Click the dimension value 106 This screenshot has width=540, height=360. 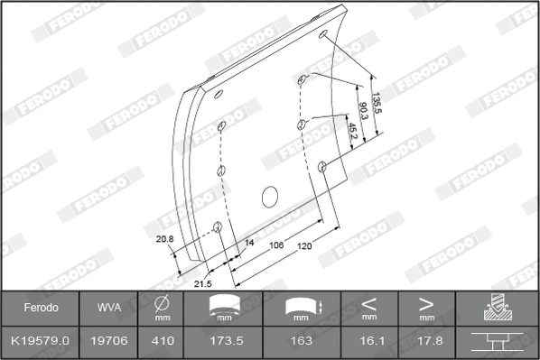coord(277,245)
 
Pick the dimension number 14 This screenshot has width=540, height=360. coord(250,244)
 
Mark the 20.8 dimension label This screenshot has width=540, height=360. coord(164,239)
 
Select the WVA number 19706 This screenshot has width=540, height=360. coord(107,341)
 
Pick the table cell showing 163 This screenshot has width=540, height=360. coord(301,341)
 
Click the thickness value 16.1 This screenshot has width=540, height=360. coord(368,341)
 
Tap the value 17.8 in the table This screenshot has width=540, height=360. coord(426,341)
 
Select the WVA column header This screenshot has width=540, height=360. coord(107,308)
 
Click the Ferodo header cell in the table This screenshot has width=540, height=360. coord(41,308)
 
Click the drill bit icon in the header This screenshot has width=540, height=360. coord(497,307)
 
